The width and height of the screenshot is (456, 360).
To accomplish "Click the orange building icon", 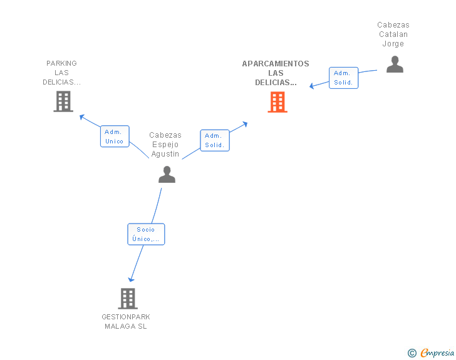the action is [x=277, y=102].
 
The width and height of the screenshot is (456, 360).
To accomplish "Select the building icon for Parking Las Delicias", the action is [x=63, y=101].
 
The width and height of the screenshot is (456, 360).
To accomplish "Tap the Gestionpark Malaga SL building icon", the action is [x=128, y=299].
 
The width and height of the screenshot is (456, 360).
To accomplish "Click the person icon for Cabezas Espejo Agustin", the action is [x=167, y=174].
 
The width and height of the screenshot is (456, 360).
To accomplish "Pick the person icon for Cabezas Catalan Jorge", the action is [x=395, y=64].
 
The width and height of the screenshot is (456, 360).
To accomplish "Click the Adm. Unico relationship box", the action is [x=115, y=136].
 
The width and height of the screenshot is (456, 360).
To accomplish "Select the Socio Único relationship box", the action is [x=146, y=234].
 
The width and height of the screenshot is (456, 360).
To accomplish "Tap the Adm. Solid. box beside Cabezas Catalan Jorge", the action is [x=343, y=78].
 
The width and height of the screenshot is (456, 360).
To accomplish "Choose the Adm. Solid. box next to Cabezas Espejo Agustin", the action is [x=215, y=140].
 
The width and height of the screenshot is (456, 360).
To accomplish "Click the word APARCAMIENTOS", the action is [x=276, y=64].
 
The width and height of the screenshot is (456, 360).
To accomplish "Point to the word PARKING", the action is [x=61, y=63].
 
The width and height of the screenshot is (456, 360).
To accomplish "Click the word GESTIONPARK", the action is [x=126, y=317].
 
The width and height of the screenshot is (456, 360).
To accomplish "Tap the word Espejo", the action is [x=165, y=145].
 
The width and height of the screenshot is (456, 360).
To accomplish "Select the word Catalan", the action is [x=393, y=34].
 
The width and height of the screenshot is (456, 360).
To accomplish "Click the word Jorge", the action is [x=393, y=44].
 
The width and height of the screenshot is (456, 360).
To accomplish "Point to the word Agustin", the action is [x=165, y=154].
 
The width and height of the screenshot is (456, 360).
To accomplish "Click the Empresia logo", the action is [x=437, y=353].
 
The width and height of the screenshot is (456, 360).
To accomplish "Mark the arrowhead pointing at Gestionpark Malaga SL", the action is [x=131, y=279].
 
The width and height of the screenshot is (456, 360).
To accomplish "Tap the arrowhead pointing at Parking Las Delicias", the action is [x=81, y=116].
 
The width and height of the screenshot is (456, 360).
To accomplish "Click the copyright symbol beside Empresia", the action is [x=412, y=353].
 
